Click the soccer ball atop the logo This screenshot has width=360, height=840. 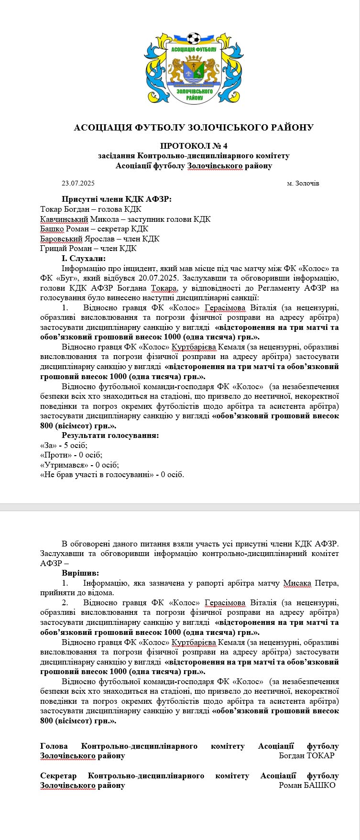click(x=194, y=38)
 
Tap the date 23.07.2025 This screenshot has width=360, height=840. click(x=78, y=184)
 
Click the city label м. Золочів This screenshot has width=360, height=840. click(x=303, y=184)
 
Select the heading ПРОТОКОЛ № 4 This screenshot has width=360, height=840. click(x=194, y=145)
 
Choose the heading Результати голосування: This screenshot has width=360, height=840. click(x=110, y=436)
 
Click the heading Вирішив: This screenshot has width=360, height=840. click(x=80, y=573)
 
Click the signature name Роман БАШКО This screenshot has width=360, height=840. click(x=307, y=785)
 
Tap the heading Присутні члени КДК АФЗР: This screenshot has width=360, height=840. click(x=117, y=199)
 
